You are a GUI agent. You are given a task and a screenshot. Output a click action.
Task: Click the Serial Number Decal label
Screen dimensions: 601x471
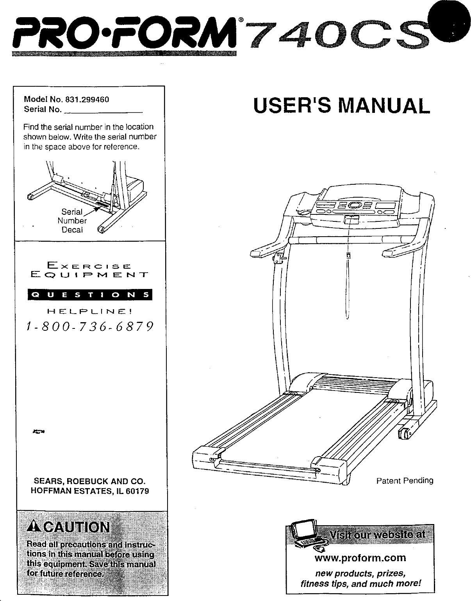[72, 221]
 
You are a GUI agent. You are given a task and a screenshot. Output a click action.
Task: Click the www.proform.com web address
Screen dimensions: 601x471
[360, 557]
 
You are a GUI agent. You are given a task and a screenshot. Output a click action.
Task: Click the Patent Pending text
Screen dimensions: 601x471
[405, 480]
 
